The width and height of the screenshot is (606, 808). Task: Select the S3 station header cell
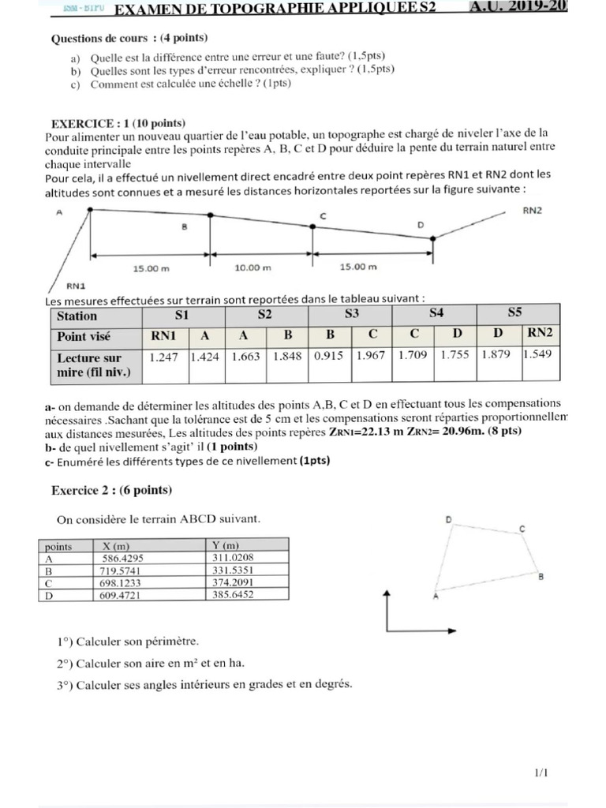coord(351,314)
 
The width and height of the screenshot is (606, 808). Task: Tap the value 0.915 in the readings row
coord(329,356)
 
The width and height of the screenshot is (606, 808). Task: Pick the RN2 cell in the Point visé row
coord(540,335)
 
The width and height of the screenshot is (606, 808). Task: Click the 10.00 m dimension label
coord(252,267)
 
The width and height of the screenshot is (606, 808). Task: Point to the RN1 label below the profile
coord(76,288)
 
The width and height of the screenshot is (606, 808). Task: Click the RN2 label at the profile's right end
coord(532,211)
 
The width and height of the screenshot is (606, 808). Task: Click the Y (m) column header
coord(226,545)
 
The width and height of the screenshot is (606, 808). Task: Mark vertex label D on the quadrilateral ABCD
coord(448,519)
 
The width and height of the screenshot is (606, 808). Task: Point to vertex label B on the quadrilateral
coord(541,577)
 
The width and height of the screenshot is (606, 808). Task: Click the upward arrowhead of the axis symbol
coord(387,593)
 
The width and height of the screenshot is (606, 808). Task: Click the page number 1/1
coord(541,774)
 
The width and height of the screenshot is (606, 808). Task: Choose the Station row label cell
coord(77,316)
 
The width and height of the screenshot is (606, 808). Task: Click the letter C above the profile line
coord(322,215)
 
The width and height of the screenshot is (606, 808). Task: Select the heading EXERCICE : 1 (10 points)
coord(118,123)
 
